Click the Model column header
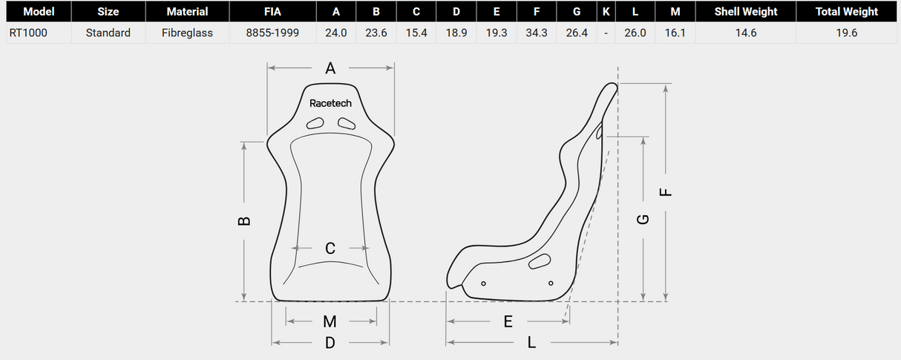[x=39, y=12]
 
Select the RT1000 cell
[x=28, y=33]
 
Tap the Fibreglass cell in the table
[x=187, y=33]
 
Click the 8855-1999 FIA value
[x=272, y=33]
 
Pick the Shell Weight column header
[x=746, y=12]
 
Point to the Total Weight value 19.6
[x=846, y=33]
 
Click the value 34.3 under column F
[x=537, y=33]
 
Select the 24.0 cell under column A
[x=336, y=33]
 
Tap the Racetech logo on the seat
[x=330, y=103]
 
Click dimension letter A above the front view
[x=330, y=68]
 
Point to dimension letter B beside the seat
[x=245, y=220]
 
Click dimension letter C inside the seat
[x=330, y=248]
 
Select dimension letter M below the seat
[x=330, y=321]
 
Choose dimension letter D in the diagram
[x=330, y=343]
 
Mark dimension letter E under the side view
[x=508, y=321]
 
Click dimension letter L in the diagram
[x=531, y=343]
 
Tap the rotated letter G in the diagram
[x=643, y=219]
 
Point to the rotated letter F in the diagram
[x=666, y=192]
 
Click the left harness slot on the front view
[x=316, y=123]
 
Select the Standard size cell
[x=108, y=33]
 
